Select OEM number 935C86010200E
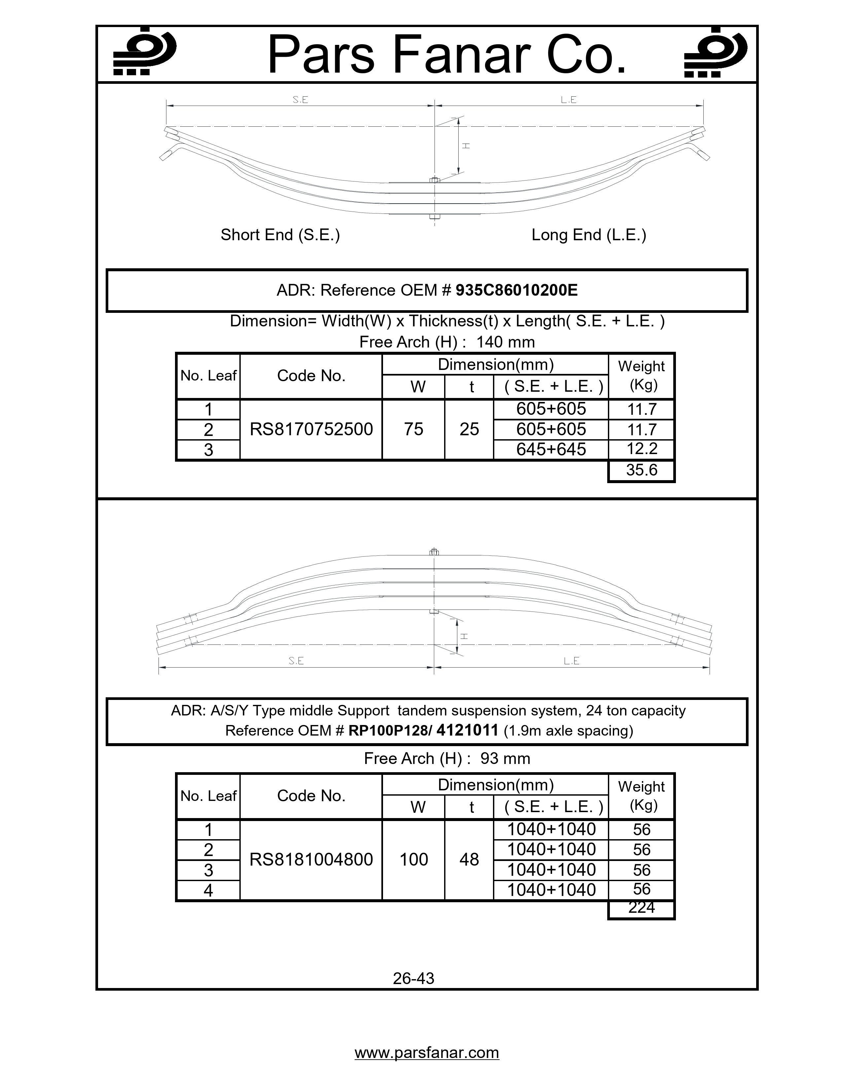[x=517, y=290]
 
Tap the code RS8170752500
[x=311, y=429]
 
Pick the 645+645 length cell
[x=551, y=449]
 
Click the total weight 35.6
[x=642, y=470]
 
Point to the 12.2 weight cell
[x=642, y=449]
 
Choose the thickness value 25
[x=469, y=429]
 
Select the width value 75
[x=413, y=429]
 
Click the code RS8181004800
[x=311, y=859]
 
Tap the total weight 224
[x=642, y=907]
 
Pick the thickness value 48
[x=469, y=859]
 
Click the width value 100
[x=413, y=859]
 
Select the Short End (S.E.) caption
[x=280, y=235]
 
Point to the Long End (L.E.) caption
[x=589, y=235]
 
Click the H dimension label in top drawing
[x=466, y=146]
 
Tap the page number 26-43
[x=413, y=978]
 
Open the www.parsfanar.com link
[x=427, y=1053]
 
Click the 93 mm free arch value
[x=505, y=758]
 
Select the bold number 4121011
[x=467, y=731]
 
